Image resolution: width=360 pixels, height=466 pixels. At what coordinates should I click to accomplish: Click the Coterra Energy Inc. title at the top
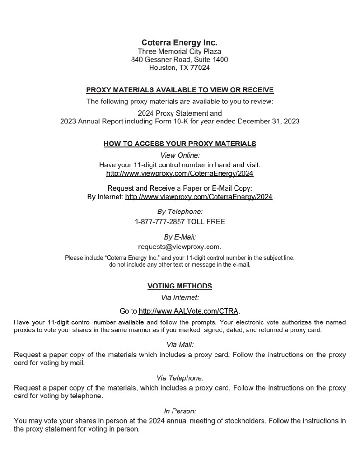(180, 43)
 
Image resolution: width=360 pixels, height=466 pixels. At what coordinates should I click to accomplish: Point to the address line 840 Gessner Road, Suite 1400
(180, 60)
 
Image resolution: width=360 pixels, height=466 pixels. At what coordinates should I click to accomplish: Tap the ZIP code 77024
(200, 68)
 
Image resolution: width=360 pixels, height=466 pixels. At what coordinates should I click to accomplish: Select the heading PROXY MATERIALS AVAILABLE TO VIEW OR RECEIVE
(180, 90)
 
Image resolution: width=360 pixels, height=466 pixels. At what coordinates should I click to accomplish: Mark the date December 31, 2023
(269, 122)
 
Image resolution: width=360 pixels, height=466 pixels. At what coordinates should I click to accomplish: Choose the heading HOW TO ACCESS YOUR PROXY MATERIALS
(180, 144)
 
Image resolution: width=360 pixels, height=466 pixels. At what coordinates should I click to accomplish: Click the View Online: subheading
(180, 155)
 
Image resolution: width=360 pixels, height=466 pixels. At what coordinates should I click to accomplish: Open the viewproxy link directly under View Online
(180, 173)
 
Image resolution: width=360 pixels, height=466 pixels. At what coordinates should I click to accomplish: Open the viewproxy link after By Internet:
(199, 197)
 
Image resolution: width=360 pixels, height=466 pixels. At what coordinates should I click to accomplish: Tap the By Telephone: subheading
(180, 212)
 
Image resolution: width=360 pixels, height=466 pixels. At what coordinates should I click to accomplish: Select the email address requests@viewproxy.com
(179, 247)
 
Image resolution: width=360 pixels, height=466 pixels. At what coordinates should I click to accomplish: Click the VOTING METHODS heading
(180, 286)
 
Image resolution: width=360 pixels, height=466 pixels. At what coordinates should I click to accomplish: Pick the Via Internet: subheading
(180, 297)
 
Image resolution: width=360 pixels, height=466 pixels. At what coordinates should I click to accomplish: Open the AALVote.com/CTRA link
(188, 311)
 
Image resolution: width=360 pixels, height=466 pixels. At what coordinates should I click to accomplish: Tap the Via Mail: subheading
(180, 345)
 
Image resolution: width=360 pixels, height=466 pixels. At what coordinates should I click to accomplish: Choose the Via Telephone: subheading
(180, 378)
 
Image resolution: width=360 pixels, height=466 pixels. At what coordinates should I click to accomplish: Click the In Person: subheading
(180, 411)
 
